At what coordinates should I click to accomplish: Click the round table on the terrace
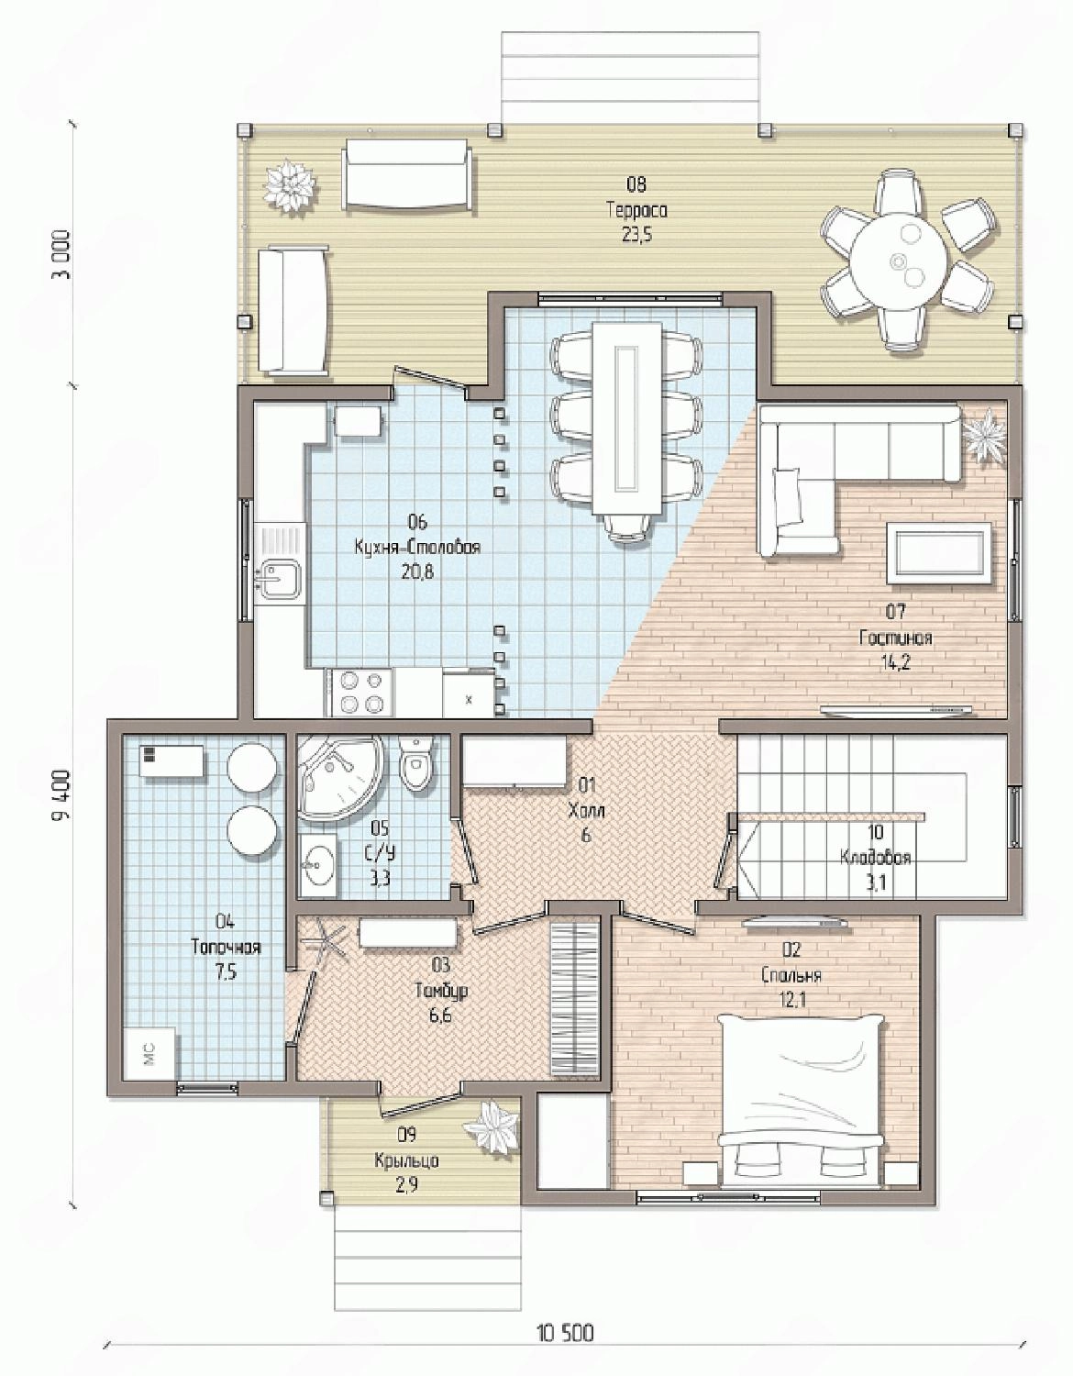pyautogui.click(x=898, y=261)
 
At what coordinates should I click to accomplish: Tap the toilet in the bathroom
pyautogui.click(x=415, y=763)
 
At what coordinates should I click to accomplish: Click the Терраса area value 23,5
pyautogui.click(x=636, y=235)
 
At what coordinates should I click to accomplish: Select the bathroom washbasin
pyautogui.click(x=319, y=865)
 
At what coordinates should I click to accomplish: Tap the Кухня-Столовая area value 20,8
pyautogui.click(x=417, y=572)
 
